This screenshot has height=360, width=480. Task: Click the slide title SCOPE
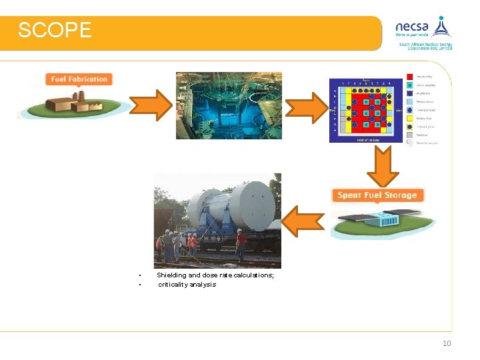coord(55,31)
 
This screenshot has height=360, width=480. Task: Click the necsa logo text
coord(412,27)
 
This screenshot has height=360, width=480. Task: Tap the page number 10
coord(447,343)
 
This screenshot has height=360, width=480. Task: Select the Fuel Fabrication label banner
coord(79,79)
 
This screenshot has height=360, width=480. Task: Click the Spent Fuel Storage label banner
coord(377,195)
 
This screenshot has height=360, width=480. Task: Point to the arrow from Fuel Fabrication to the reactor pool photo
coord(149,105)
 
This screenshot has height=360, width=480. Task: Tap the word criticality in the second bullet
coord(173,285)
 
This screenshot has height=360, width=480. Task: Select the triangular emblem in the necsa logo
coord(441,26)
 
